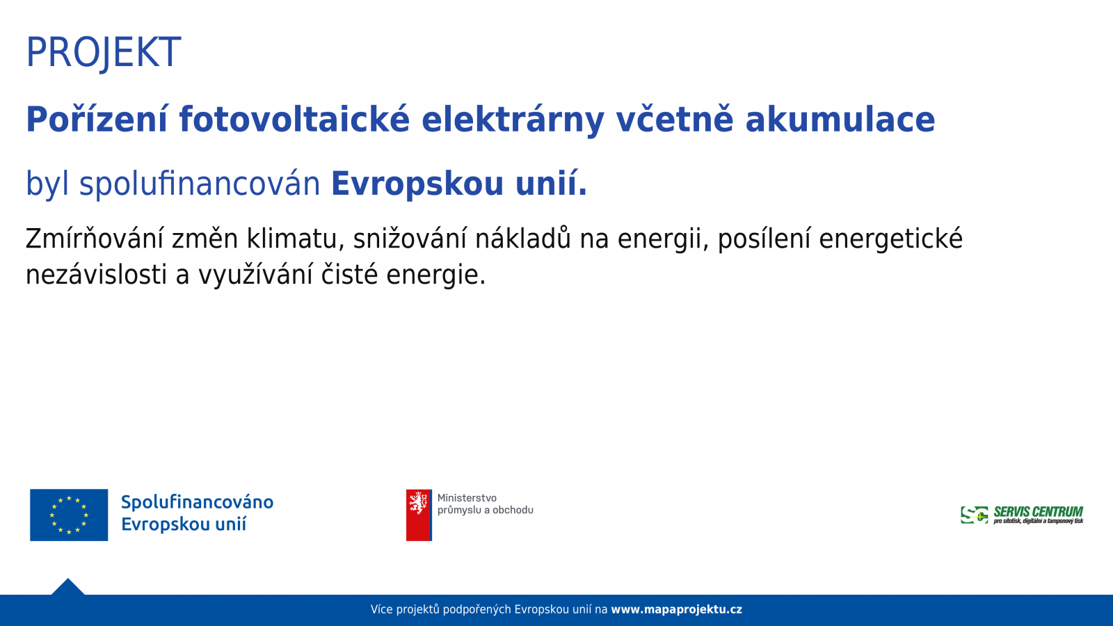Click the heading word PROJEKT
104,53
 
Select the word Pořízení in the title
97,119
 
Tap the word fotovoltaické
294,119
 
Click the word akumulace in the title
840,119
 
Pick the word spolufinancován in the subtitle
200,184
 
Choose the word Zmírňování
95,239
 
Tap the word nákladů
522,238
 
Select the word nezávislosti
96,275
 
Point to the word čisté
349,274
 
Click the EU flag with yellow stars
69,515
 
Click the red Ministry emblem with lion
419,515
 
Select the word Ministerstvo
467,498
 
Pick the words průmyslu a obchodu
486,511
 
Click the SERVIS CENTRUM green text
1038,512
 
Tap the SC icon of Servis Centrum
975,515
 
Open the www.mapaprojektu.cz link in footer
676,609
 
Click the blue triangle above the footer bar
68,588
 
